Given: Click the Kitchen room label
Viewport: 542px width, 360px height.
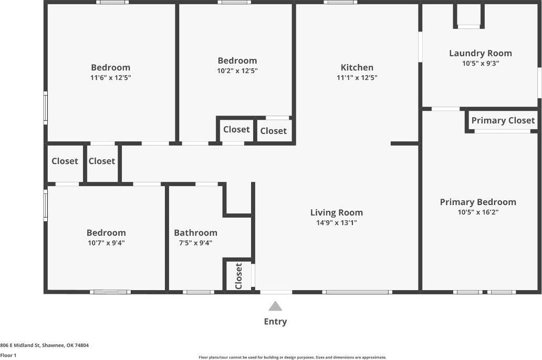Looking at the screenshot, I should (357, 67).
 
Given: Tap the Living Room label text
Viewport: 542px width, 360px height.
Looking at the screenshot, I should (336, 212).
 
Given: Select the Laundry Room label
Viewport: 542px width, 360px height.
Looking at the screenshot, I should (480, 53).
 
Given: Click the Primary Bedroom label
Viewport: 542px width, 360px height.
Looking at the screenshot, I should (477, 202).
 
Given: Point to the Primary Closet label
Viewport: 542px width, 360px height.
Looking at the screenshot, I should (503, 120).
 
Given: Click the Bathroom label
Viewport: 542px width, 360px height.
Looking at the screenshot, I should (195, 233).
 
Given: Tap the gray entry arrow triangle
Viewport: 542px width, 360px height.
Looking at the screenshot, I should (275, 306).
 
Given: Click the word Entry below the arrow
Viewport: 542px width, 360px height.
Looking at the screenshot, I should (275, 322).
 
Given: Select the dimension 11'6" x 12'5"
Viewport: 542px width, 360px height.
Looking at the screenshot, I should (110, 77).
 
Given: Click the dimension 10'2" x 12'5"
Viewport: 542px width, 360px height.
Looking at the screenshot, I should (237, 70).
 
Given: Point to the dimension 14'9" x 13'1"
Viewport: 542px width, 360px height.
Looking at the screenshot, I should (336, 222).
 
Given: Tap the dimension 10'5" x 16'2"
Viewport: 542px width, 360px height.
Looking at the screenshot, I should (477, 212).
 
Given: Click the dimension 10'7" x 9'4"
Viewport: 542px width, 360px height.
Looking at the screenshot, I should (106, 243).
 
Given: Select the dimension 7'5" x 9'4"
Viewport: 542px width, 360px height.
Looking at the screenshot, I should (195, 243).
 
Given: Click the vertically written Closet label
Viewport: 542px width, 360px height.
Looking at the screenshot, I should (239, 276).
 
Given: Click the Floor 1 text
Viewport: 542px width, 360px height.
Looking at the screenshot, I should (8, 355).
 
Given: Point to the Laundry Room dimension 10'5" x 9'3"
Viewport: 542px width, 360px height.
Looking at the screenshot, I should (480, 63).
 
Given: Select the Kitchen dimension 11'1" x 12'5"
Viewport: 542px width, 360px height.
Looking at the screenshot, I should (357, 77).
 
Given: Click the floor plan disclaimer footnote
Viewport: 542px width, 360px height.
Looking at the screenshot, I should (293, 357).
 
